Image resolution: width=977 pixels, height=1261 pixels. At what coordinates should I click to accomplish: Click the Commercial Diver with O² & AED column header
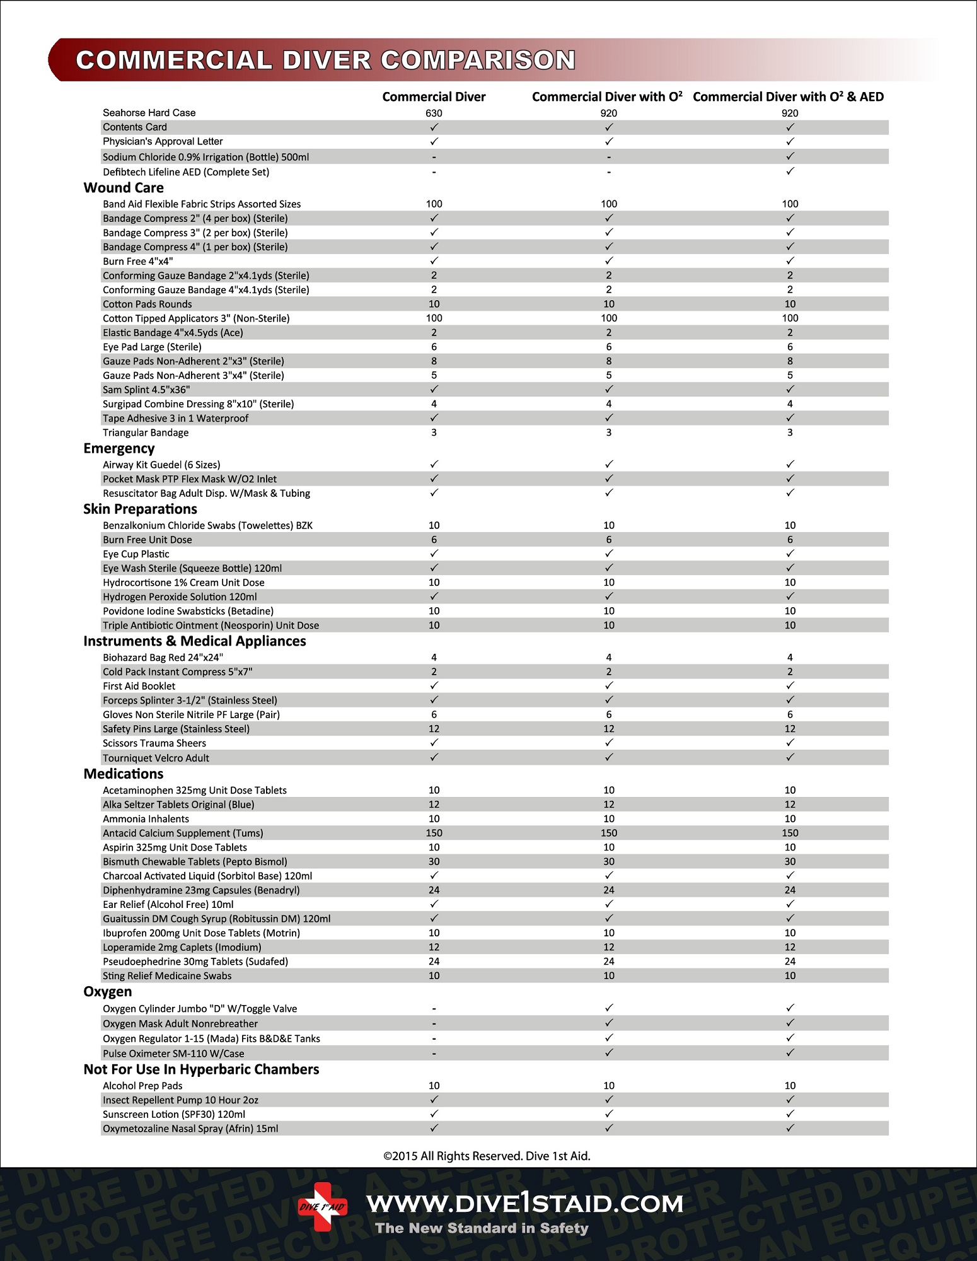click(x=788, y=96)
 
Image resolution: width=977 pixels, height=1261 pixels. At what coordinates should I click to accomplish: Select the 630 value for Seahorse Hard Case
click(x=434, y=113)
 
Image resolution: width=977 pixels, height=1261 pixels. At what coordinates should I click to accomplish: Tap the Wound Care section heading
click(x=124, y=188)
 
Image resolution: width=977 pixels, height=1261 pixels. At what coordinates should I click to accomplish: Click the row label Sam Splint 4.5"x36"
click(x=146, y=390)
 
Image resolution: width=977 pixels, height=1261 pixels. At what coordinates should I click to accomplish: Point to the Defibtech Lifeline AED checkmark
click(x=790, y=171)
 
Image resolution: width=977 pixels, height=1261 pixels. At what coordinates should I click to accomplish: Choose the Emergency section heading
click(x=119, y=448)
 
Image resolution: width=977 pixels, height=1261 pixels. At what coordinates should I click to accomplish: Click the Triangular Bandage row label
click(x=146, y=433)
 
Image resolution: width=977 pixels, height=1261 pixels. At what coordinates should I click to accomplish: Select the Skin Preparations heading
click(x=140, y=509)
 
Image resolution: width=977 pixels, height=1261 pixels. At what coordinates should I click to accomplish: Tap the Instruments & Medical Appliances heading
click(x=195, y=641)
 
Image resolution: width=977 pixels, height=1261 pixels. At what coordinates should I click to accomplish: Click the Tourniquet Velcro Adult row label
click(x=156, y=758)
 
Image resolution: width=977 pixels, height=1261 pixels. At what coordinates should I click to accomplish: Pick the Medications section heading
click(x=124, y=774)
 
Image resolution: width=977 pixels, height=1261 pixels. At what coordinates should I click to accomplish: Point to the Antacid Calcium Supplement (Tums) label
click(x=183, y=833)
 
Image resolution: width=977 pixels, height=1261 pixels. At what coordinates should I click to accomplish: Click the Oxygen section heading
click(x=108, y=992)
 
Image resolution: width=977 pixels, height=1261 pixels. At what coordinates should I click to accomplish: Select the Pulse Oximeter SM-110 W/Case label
click(x=173, y=1054)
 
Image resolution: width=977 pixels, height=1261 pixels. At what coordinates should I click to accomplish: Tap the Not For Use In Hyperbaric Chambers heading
click(x=201, y=1069)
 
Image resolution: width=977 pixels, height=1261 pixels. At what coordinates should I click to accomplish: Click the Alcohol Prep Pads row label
click(x=142, y=1086)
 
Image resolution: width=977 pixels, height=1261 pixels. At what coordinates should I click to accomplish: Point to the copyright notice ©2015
click(x=487, y=1156)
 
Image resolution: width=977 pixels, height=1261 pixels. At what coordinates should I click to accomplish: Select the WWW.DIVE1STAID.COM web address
click(x=525, y=1204)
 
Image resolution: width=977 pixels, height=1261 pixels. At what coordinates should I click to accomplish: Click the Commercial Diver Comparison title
click(x=325, y=60)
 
